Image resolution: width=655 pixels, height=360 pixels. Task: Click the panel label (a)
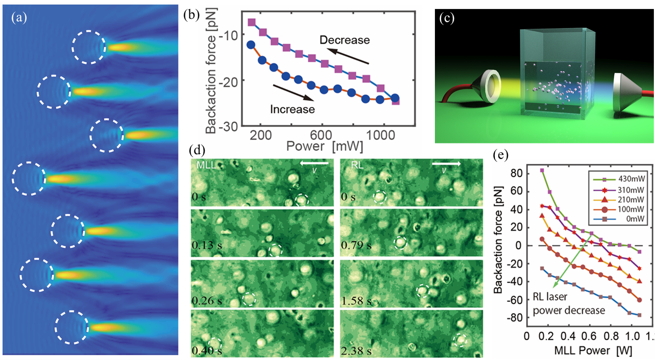tap(19, 18)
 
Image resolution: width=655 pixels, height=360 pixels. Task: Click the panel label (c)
tap(447, 18)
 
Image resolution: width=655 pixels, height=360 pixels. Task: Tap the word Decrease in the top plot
tap(344, 40)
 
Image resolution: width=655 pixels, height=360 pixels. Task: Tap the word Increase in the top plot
tap(292, 109)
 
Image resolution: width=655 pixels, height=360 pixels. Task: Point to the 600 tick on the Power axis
tap(321, 135)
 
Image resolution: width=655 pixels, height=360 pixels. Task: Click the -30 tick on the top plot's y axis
tap(228, 126)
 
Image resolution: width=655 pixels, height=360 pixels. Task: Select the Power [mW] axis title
tap(325, 146)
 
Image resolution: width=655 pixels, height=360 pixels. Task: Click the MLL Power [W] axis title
tap(593, 351)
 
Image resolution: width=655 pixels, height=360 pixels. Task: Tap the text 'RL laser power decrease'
tap(569, 304)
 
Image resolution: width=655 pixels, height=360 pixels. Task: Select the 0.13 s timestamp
tap(207, 245)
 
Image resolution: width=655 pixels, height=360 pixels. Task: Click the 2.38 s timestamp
tap(356, 351)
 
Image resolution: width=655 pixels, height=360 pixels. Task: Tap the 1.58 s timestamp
tap(356, 301)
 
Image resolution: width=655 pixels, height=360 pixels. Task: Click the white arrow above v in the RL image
tap(446, 164)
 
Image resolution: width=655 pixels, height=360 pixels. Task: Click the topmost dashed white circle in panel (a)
tap(89, 47)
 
